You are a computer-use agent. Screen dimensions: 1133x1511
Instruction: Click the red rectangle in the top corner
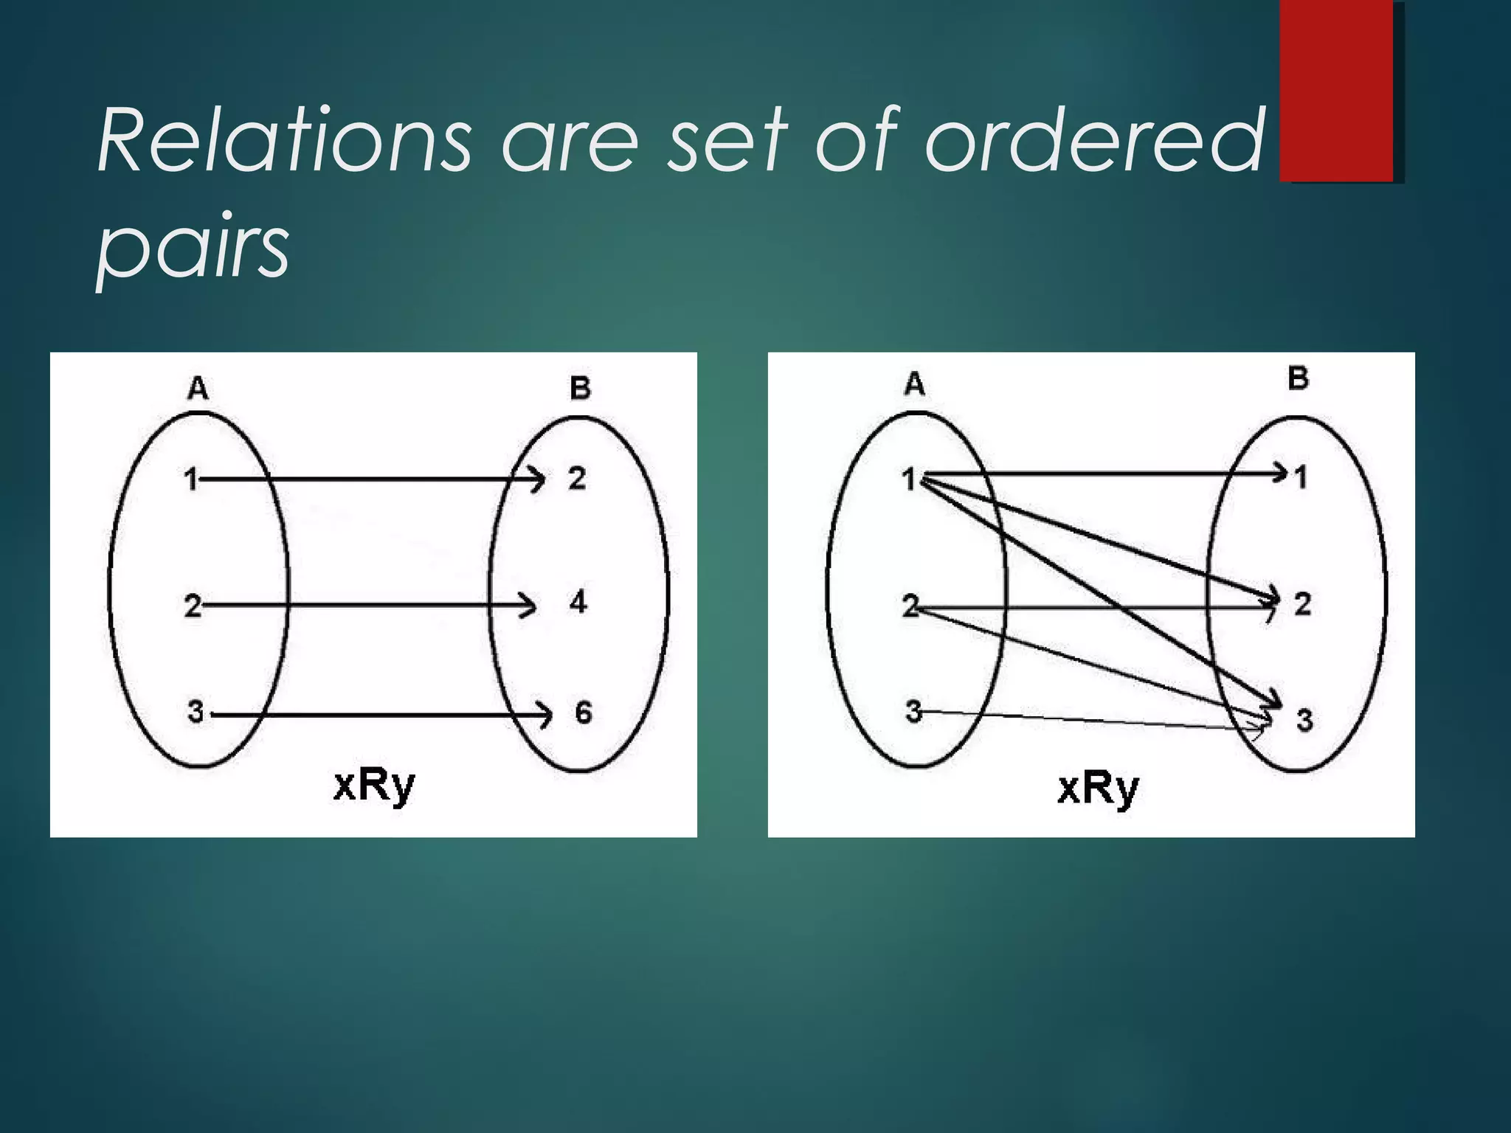point(1336,90)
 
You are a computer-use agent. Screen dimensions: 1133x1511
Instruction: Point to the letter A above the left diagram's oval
point(198,387)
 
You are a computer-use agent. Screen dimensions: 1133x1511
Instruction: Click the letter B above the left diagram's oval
point(580,388)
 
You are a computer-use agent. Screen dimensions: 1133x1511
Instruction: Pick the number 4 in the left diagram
point(578,603)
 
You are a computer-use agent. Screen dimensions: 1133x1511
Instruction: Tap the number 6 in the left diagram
point(583,713)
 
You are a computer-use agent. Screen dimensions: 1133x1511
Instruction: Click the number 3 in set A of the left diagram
point(195,712)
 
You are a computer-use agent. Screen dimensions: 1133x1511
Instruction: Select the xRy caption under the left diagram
point(374,786)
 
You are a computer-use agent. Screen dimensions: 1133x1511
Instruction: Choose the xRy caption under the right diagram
point(1098,789)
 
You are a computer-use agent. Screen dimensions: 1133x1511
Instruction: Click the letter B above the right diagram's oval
point(1298,378)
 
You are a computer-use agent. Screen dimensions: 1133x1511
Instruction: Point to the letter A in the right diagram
point(914,384)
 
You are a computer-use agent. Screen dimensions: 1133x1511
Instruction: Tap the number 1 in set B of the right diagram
point(1301,477)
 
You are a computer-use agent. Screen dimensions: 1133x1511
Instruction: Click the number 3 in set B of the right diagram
point(1304,720)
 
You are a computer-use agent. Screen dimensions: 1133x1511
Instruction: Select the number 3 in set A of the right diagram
point(913,712)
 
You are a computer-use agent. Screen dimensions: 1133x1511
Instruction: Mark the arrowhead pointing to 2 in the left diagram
point(538,480)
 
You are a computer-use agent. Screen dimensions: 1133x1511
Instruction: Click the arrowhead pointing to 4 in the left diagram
point(528,606)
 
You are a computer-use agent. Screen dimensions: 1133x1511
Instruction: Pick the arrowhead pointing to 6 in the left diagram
point(544,715)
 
